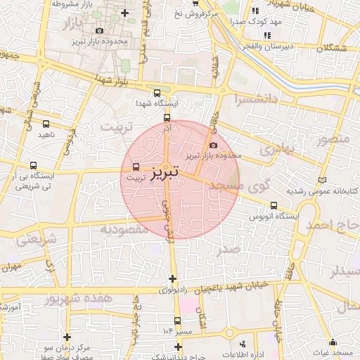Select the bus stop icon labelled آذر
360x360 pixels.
[x=167, y=117]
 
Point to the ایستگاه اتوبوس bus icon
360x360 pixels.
[x=273, y=206]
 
